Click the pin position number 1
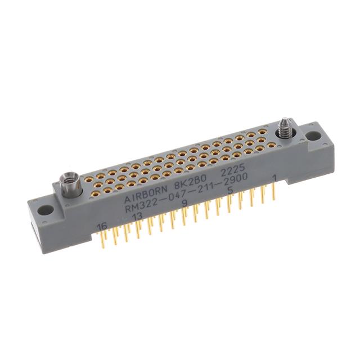(x=274, y=179)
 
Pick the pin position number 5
(x=229, y=191)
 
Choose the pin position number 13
(x=137, y=217)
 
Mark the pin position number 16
(x=102, y=226)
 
